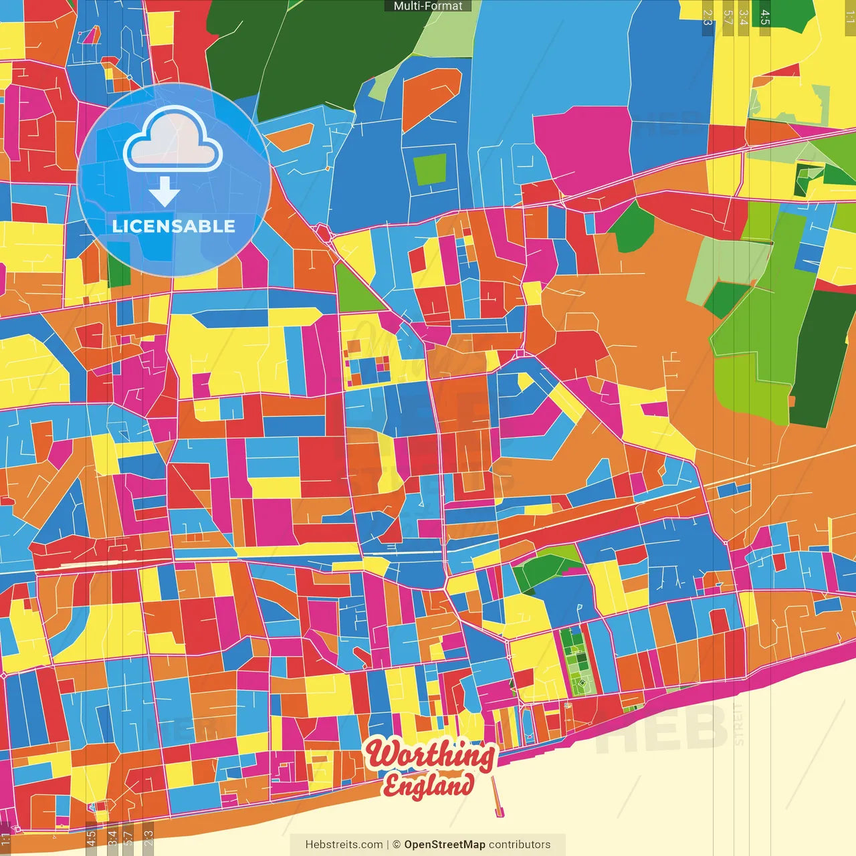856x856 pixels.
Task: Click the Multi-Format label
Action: [x=428, y=6]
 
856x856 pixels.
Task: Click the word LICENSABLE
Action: [x=174, y=226]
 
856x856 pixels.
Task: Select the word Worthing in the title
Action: [x=431, y=755]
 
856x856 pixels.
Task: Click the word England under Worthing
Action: [x=428, y=785]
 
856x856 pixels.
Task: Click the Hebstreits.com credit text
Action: [x=344, y=845]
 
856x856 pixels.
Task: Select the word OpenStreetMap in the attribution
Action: [x=445, y=845]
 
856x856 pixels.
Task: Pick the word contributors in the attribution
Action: [x=520, y=845]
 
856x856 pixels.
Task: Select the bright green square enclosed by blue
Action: [x=430, y=169]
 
